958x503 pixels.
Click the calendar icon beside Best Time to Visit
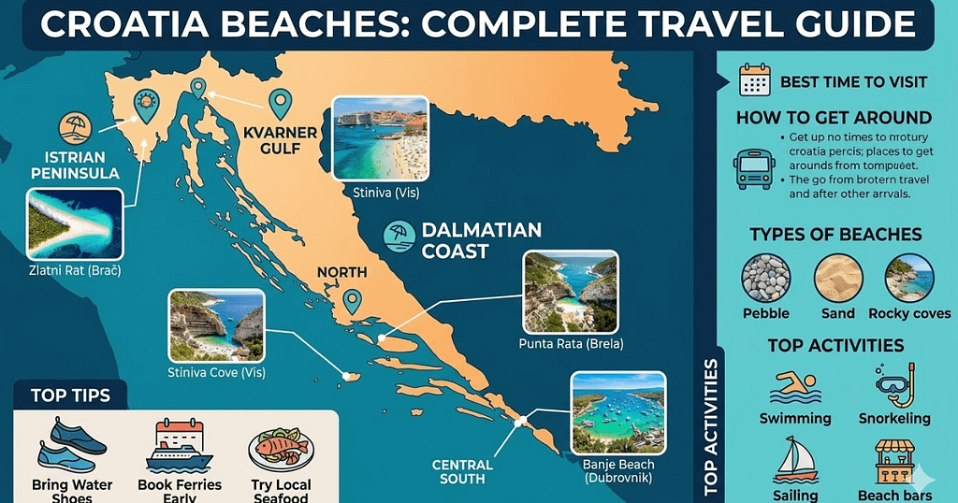(x=754, y=81)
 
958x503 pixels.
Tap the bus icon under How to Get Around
(x=754, y=169)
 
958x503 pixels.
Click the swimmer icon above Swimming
(x=794, y=386)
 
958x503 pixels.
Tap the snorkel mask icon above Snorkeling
(x=893, y=383)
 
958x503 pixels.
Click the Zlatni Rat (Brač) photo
(x=76, y=225)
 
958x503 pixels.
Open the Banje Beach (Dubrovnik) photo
(x=617, y=413)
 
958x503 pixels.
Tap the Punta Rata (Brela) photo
(x=571, y=291)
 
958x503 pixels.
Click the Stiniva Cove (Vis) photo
(x=215, y=324)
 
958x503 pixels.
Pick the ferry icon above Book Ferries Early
(x=179, y=446)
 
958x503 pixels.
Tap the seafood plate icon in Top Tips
(x=281, y=449)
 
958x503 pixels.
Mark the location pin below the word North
(x=352, y=300)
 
